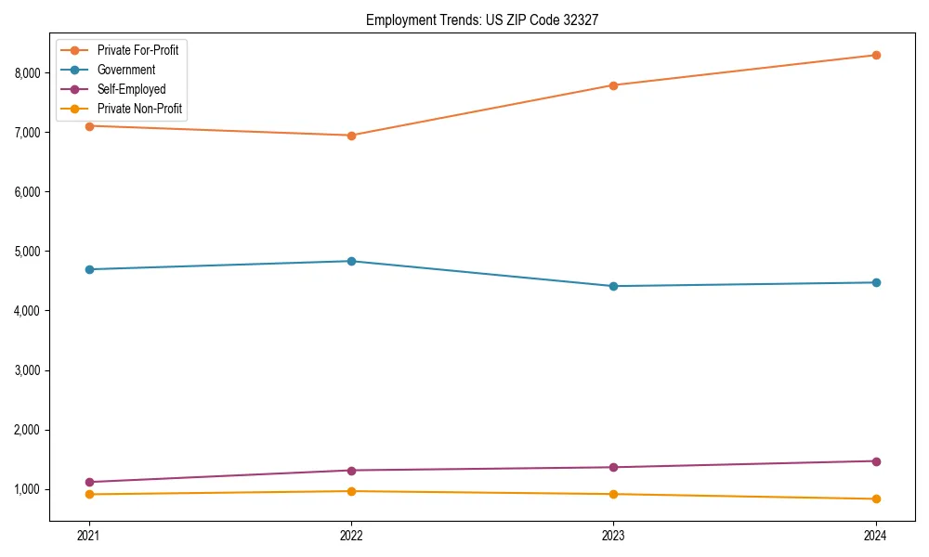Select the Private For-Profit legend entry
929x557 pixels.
(x=137, y=50)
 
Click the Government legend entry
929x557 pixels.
(x=126, y=70)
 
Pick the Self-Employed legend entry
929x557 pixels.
(x=131, y=89)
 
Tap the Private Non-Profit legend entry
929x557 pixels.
(x=139, y=109)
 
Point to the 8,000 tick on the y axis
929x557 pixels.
(x=26, y=73)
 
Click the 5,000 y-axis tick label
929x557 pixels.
(x=26, y=252)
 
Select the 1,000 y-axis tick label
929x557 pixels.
(x=26, y=489)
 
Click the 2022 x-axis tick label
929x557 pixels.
(x=351, y=535)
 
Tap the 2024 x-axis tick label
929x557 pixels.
(x=875, y=535)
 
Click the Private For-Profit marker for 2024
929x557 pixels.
(x=875, y=55)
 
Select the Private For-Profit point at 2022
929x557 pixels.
(x=351, y=136)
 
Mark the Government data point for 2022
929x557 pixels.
(x=351, y=261)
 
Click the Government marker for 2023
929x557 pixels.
(x=613, y=286)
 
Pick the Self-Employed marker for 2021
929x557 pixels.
(x=89, y=482)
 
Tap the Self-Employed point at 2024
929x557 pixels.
(x=875, y=461)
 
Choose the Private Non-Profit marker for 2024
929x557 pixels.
(x=875, y=499)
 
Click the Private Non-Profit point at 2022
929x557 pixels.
(x=351, y=491)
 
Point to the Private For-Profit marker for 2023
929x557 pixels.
(x=613, y=85)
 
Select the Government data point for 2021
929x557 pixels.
(x=89, y=269)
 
